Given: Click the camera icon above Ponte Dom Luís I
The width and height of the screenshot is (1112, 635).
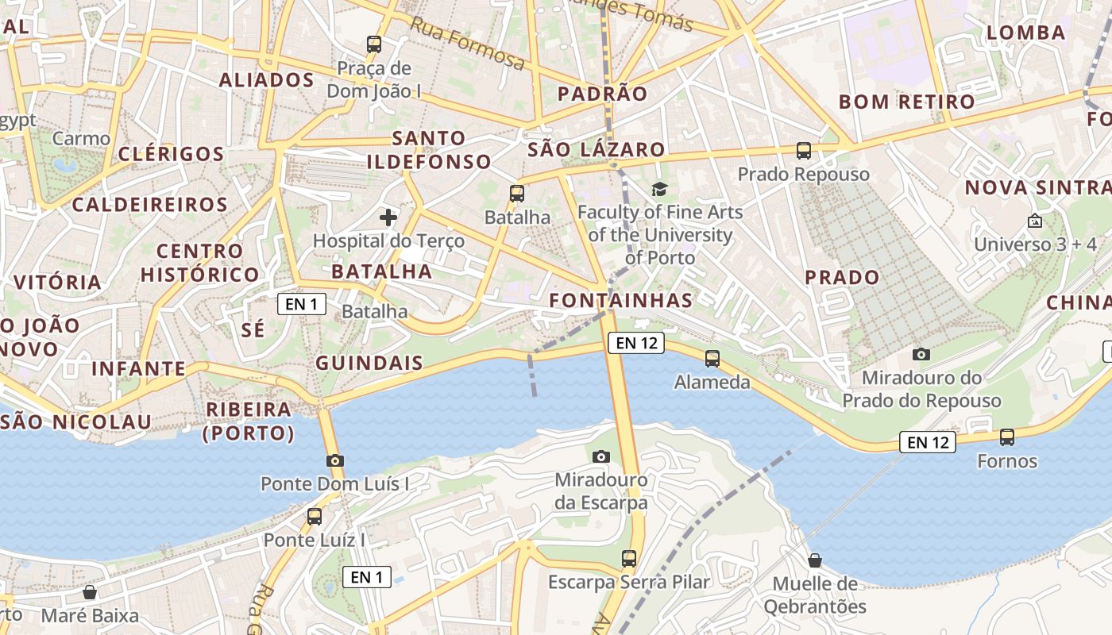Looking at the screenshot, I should point(335,460).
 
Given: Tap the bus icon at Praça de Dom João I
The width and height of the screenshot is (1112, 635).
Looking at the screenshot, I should point(373,44).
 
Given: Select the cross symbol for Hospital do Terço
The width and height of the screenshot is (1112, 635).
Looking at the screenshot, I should point(388,217).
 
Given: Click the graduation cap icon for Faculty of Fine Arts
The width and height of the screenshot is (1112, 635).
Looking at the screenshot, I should point(659,189).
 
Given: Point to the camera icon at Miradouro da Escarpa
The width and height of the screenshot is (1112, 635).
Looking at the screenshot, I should point(601,456).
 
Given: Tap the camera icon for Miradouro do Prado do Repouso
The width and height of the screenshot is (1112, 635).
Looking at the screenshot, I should point(921,354).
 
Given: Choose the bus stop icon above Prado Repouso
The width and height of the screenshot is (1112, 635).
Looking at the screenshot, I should point(804,151).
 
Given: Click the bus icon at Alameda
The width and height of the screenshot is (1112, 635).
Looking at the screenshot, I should point(712,359).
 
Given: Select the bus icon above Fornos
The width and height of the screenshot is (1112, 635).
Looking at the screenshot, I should point(1007,437).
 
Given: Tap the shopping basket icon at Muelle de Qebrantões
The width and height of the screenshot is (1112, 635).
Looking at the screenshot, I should point(815,560).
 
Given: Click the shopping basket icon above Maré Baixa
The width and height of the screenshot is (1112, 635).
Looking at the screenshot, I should point(90,592).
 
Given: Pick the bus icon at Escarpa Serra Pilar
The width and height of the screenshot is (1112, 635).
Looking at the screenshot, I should point(629,559).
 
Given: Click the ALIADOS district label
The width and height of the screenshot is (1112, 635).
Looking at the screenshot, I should point(267,80).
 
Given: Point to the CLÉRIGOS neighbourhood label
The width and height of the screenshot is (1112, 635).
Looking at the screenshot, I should point(172,154).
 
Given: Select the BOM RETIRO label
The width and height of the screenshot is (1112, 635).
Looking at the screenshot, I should point(906,102).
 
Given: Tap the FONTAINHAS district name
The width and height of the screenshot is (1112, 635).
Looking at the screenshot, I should point(621,301).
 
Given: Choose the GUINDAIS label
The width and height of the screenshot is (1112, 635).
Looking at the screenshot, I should point(369,364).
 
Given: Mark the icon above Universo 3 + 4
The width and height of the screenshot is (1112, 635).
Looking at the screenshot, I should point(1034,221).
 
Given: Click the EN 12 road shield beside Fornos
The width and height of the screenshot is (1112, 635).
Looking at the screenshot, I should point(927,442).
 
